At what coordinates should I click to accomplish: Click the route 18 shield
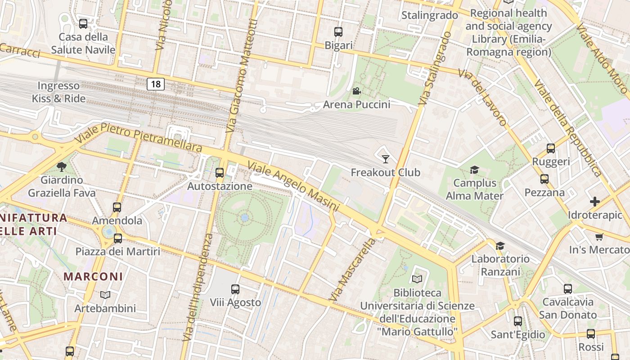click(155, 84)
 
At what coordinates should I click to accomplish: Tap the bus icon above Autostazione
click(220, 172)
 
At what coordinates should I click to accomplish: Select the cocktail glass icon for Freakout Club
click(385, 159)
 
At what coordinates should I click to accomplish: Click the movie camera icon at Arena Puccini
click(356, 91)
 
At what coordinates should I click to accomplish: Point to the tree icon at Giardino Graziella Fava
click(62, 167)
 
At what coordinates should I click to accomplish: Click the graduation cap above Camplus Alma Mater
click(474, 170)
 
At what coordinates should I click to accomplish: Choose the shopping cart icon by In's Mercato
click(599, 237)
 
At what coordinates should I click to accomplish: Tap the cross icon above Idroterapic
click(595, 202)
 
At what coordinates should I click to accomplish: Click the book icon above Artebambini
click(105, 295)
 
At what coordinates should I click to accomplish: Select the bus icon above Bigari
click(338, 32)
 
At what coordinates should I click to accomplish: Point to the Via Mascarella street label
click(352, 270)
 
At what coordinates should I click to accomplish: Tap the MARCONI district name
click(93, 276)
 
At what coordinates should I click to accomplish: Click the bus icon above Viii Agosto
click(235, 289)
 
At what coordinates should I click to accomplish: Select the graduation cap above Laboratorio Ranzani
click(500, 246)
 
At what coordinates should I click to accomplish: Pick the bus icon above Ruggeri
click(550, 148)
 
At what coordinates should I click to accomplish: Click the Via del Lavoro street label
click(482, 97)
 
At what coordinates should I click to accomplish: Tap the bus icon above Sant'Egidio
click(518, 321)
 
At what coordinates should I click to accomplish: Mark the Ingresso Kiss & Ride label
click(58, 92)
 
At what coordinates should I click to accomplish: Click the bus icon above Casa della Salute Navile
click(83, 24)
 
